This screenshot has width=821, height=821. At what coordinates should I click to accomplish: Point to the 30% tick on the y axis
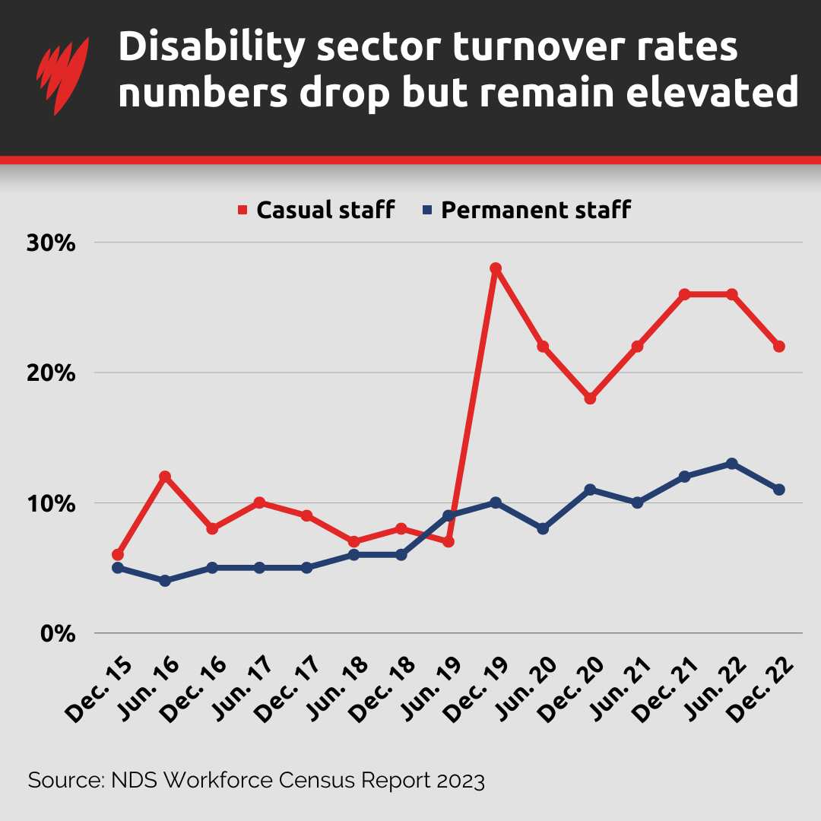[52, 243]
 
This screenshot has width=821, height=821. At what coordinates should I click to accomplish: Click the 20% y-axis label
[52, 373]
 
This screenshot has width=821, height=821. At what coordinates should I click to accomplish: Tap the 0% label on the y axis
[58, 633]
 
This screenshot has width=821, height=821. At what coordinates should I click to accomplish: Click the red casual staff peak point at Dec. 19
[496, 269]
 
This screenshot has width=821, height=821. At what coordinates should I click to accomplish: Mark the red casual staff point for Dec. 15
[117, 555]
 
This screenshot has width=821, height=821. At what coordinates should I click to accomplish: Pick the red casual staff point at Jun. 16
[165, 477]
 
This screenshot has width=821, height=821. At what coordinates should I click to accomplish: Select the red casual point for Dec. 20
[590, 398]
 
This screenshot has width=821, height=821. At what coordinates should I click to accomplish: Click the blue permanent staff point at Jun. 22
[731, 464]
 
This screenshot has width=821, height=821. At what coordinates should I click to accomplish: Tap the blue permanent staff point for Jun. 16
[165, 581]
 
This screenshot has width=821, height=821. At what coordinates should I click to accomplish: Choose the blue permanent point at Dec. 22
[779, 490]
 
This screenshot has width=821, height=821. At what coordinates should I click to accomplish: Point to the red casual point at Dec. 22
[779, 347]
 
